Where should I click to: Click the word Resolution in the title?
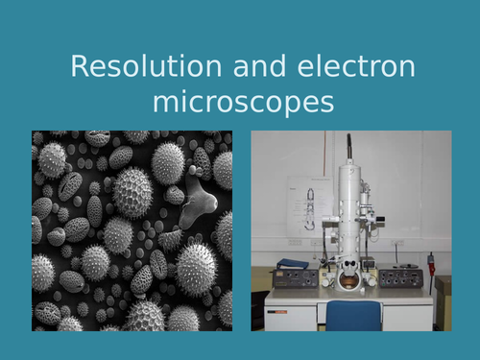click(x=130, y=68)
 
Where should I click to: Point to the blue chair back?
click(x=353, y=316)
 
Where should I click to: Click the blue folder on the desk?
click(x=293, y=264)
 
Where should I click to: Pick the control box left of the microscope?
click(x=298, y=278)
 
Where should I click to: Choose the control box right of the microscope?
click(x=400, y=277)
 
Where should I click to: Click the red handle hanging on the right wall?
click(x=431, y=261)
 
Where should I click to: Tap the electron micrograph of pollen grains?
click(x=132, y=230)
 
